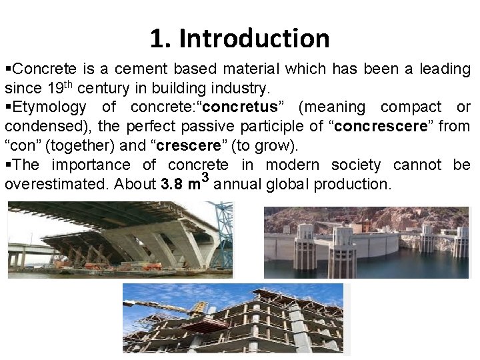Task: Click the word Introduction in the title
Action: point(254,39)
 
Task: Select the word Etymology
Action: point(49,107)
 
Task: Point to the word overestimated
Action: point(56,184)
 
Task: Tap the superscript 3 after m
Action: point(206,177)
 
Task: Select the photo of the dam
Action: point(367,242)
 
